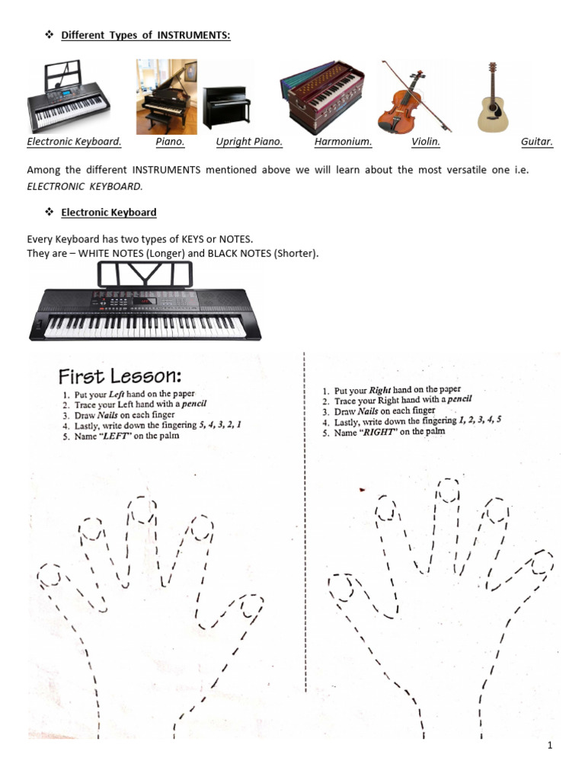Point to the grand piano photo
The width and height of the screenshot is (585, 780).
[x=166, y=97]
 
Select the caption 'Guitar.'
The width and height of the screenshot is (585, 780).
[x=537, y=142]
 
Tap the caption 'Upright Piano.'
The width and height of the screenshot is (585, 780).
[x=249, y=142]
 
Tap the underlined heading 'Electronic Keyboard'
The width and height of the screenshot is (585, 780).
[x=109, y=213]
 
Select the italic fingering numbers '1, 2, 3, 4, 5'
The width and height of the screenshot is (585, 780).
[x=479, y=420]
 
